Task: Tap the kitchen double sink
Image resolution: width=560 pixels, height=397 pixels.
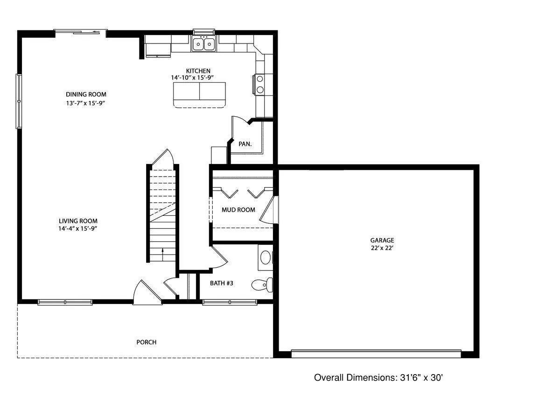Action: click(x=203, y=44)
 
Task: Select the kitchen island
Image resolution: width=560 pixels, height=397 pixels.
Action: click(x=199, y=92)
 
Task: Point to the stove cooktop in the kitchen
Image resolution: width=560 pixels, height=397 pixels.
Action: click(x=259, y=84)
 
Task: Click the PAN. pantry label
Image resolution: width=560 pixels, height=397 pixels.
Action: click(x=245, y=144)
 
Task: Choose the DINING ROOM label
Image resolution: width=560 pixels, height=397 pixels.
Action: click(x=86, y=94)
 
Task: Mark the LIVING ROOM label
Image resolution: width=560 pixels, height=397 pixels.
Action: click(x=78, y=221)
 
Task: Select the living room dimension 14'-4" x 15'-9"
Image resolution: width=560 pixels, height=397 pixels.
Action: click(x=78, y=229)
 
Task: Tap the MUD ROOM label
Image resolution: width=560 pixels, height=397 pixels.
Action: click(x=238, y=210)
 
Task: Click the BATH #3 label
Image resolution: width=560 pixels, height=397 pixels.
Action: click(x=222, y=283)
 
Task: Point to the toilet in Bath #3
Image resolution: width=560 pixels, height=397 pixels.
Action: click(x=261, y=284)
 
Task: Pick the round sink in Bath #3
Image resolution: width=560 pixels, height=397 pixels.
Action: click(x=265, y=257)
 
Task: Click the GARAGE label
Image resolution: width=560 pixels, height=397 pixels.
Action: click(x=382, y=240)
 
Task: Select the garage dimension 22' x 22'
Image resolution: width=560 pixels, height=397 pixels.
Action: click(x=382, y=248)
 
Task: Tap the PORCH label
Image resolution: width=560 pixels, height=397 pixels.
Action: click(x=146, y=342)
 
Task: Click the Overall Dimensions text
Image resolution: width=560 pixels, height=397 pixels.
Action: click(x=378, y=377)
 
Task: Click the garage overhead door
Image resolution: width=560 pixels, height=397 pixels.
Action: click(x=376, y=354)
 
